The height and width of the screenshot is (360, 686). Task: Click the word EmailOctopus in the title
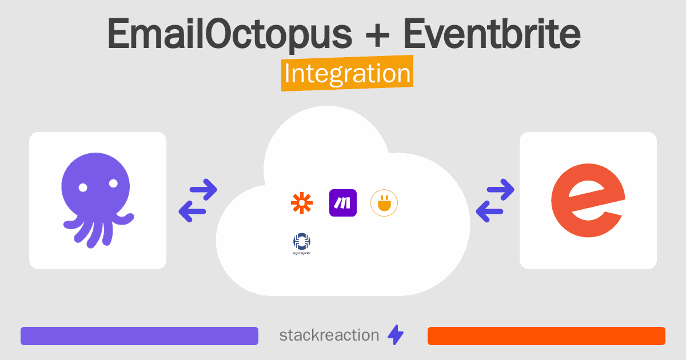(x=230, y=34)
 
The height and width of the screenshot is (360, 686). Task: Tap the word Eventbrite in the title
(x=492, y=33)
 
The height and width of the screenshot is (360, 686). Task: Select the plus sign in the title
(x=377, y=37)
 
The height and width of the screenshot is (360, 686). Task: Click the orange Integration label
(x=348, y=73)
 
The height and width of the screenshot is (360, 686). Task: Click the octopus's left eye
(x=83, y=187)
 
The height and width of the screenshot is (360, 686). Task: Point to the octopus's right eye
(x=113, y=183)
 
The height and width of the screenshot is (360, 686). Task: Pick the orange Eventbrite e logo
(x=588, y=200)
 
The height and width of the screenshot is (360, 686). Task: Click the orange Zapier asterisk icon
(x=302, y=203)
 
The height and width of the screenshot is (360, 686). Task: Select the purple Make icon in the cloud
(x=342, y=203)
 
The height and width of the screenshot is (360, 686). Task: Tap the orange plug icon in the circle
(x=384, y=203)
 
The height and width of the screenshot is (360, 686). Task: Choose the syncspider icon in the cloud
(x=302, y=243)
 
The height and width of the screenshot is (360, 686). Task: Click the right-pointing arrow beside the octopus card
(x=204, y=190)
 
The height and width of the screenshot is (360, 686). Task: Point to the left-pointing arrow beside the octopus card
(x=192, y=211)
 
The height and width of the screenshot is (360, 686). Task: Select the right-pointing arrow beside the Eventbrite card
(x=500, y=190)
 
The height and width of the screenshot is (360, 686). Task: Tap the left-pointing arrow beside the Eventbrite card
(x=489, y=211)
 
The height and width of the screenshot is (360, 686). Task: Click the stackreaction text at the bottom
(x=329, y=335)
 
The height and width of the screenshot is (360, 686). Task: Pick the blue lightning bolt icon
(x=396, y=335)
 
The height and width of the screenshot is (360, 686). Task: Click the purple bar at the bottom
(x=139, y=336)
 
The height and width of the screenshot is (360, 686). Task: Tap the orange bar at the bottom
(x=547, y=336)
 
